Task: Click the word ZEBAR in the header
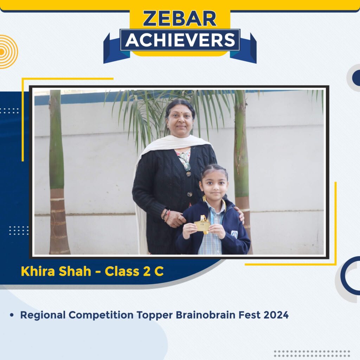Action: pyautogui.click(x=180, y=19)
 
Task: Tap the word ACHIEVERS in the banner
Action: pyautogui.click(x=180, y=40)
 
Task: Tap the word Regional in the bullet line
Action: pyautogui.click(x=43, y=315)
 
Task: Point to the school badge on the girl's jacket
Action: pyautogui.click(x=234, y=233)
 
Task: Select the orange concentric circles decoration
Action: pyautogui.click(x=6, y=52)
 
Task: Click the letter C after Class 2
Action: pyautogui.click(x=160, y=271)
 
